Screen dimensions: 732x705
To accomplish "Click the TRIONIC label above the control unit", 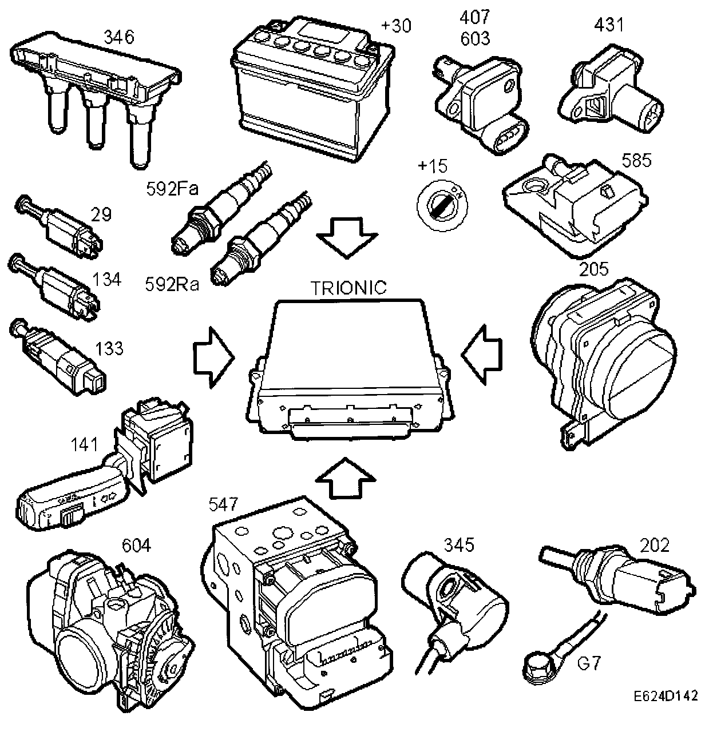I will [348, 288].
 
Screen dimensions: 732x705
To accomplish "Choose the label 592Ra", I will [171, 284].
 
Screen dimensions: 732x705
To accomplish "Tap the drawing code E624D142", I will [664, 712].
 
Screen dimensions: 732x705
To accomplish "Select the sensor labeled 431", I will [609, 97].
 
